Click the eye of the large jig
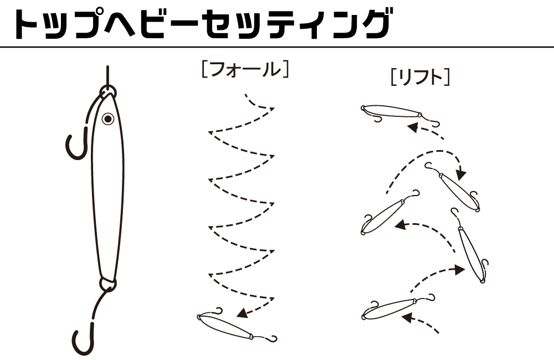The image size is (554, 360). [108, 119]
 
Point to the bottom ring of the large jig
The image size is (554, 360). [108, 284]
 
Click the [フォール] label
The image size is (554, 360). [245, 69]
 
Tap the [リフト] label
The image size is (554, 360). [420, 78]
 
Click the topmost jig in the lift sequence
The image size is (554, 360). [399, 113]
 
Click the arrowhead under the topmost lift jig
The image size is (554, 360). [413, 127]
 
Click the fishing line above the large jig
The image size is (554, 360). [108, 75]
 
